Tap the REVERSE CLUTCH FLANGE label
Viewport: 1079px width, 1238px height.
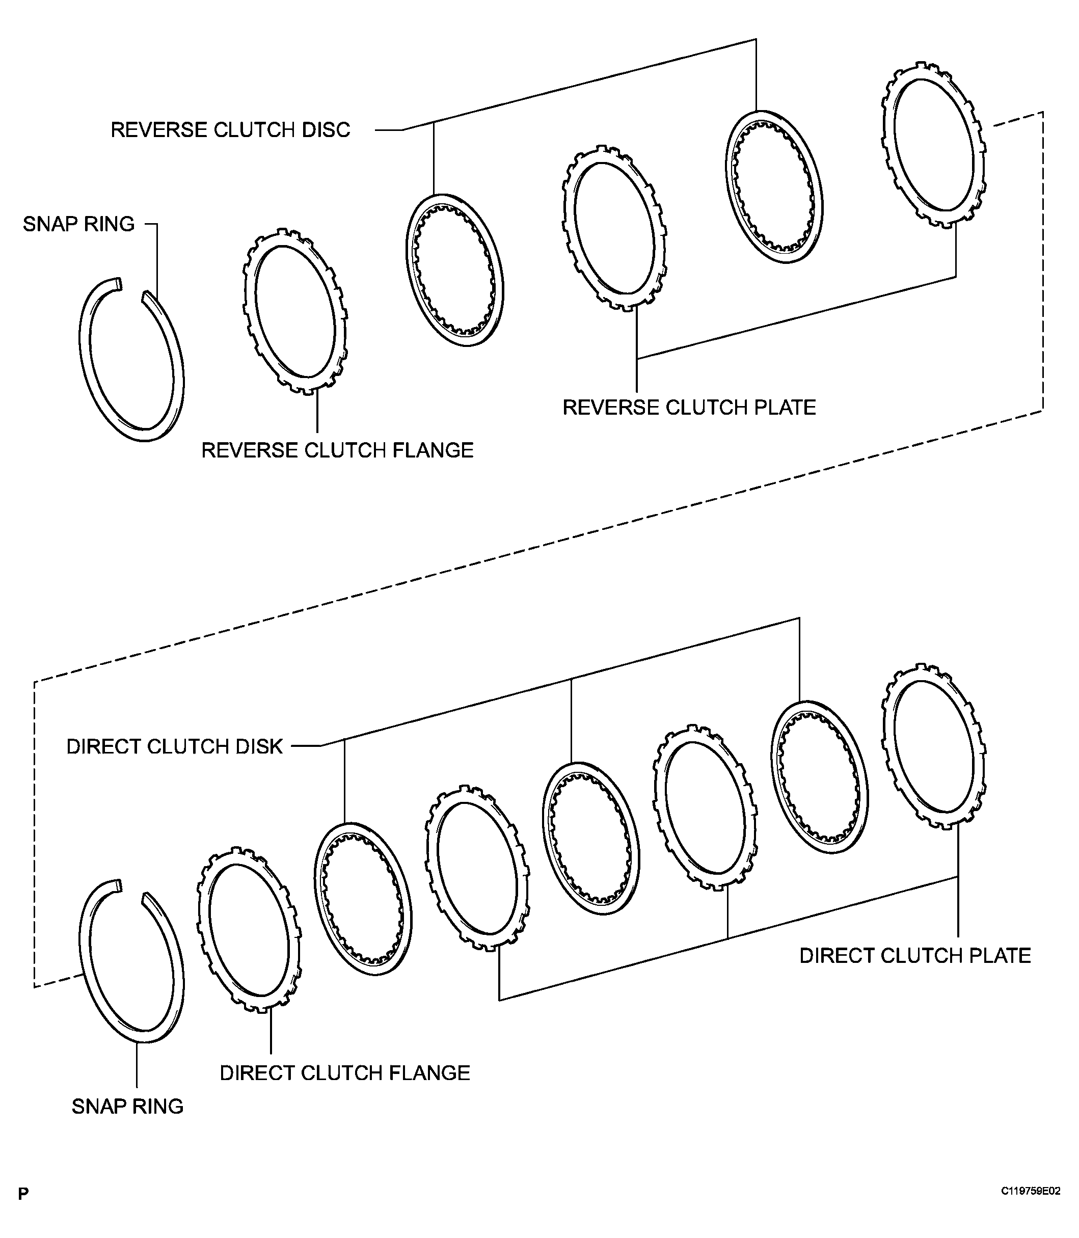click(337, 450)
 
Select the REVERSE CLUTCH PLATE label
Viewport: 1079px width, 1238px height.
click(689, 408)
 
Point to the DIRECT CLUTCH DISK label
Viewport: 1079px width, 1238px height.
click(174, 747)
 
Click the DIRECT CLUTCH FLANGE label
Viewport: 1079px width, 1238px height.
click(344, 1073)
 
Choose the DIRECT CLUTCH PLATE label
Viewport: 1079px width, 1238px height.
click(914, 956)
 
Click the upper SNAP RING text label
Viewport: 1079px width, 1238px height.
click(78, 224)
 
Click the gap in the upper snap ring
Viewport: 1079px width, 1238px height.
click(132, 288)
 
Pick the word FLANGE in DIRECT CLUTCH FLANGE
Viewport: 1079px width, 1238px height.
click(430, 1073)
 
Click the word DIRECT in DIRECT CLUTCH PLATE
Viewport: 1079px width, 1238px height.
click(837, 956)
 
